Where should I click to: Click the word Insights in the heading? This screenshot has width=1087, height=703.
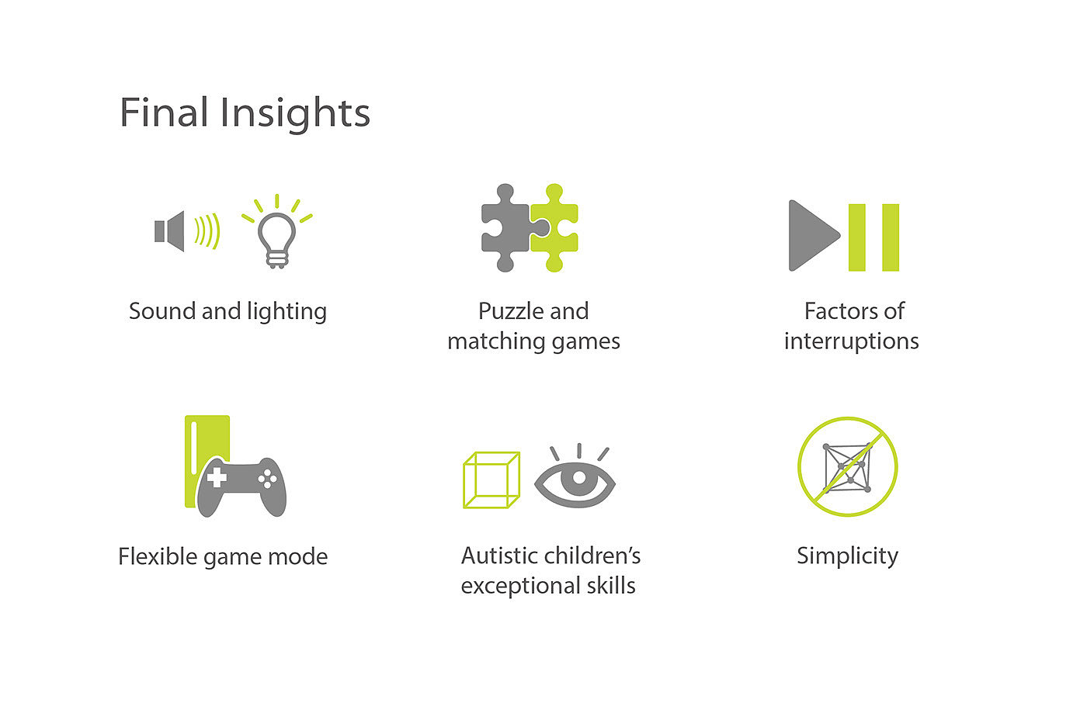point(295,114)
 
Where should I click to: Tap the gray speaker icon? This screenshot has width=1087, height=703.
point(169,231)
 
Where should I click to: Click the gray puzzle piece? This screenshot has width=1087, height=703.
point(509,228)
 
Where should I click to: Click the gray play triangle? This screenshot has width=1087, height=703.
point(814,236)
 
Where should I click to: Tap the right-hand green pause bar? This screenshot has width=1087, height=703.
point(891,237)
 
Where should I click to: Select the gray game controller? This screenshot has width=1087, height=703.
point(241,487)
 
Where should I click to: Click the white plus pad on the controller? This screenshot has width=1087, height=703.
point(217,477)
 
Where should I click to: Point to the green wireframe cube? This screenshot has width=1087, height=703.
point(491,480)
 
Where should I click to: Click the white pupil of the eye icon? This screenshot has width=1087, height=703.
point(579,477)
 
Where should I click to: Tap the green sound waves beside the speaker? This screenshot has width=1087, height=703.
point(208,230)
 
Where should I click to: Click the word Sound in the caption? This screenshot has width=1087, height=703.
point(162,311)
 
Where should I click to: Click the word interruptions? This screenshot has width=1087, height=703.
point(851,341)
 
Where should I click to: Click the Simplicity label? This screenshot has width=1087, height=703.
point(847,556)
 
